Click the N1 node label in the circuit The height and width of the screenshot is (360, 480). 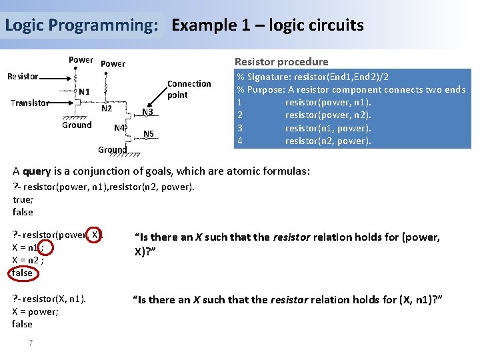coord(85,91)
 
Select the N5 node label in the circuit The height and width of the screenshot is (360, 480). coord(149,134)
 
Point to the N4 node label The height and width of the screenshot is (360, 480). coord(119,127)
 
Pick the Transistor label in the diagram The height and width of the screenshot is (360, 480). coord(30,103)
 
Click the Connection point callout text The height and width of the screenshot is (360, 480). coord(189,89)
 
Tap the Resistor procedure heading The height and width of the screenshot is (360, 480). coord(281,61)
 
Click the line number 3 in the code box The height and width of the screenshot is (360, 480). coord(239,128)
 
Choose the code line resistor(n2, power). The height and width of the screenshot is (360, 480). coord(328,141)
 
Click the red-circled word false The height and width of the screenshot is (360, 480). coord(22,272)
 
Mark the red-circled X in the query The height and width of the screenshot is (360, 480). coord(96,234)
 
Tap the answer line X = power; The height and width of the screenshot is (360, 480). coord(35,311)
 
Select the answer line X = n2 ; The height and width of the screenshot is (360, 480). coord(31,259)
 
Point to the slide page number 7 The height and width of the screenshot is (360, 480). coord(31,343)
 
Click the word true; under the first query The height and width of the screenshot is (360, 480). coord(23,199)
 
